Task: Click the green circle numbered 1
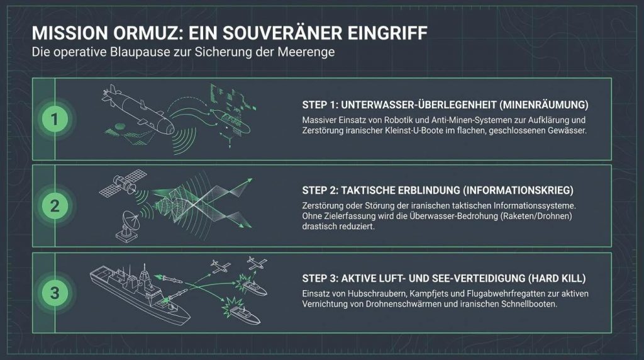[55, 119]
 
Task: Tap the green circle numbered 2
[55, 206]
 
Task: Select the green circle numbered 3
[55, 293]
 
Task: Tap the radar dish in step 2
[128, 226]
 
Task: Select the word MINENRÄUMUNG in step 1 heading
[544, 105]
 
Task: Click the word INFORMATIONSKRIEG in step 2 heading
[518, 191]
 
